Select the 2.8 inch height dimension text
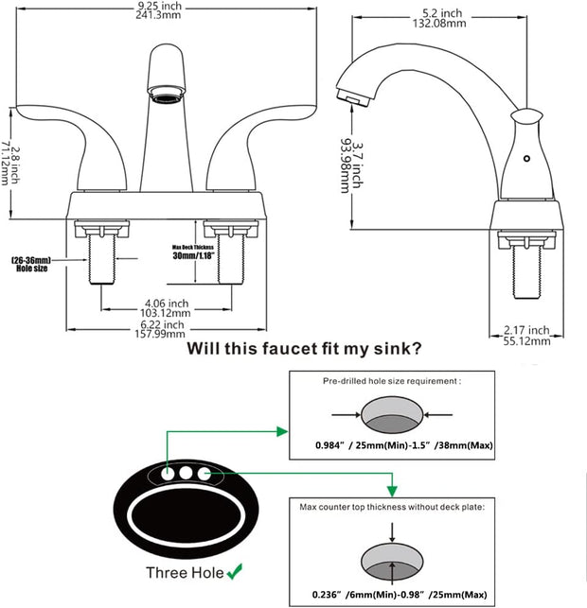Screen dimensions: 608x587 8,162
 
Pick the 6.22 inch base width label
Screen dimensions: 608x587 165,327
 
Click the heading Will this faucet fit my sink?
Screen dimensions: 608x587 304,348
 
